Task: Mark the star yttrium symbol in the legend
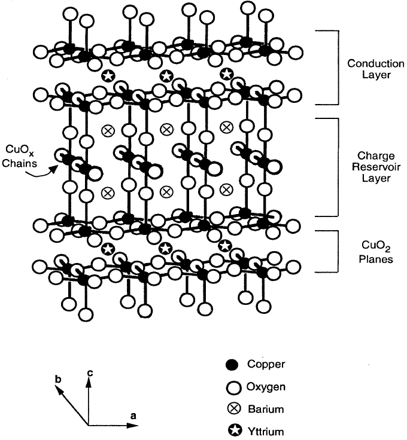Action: click(x=232, y=430)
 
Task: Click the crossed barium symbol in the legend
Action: click(x=232, y=409)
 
